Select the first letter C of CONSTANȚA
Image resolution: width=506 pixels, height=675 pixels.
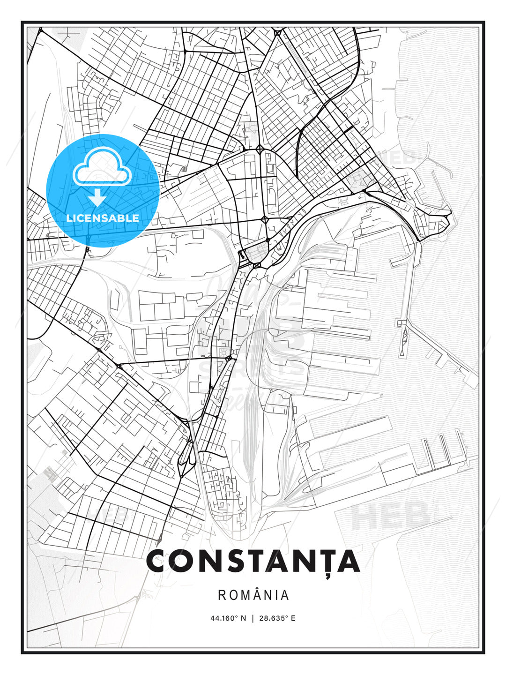(157, 561)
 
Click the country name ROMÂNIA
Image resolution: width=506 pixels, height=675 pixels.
(253, 595)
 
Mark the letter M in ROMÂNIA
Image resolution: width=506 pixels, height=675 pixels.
(245, 595)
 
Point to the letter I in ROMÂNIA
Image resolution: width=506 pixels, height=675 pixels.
(276, 595)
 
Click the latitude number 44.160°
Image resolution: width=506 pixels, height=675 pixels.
(224, 618)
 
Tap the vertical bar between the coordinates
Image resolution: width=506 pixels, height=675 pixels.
(253, 618)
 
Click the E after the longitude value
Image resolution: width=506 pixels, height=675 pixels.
(293, 618)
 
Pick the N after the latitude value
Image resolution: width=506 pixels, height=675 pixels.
(243, 618)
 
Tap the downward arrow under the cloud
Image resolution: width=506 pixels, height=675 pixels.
(97, 197)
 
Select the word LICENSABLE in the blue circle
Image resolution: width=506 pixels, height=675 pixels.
(103, 218)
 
